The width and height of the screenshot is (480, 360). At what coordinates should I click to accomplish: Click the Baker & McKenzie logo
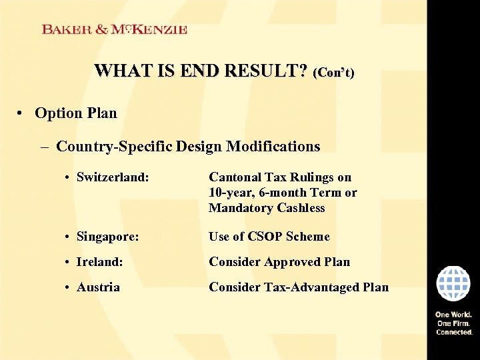click(114, 29)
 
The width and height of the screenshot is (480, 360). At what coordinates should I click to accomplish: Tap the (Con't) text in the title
click(333, 72)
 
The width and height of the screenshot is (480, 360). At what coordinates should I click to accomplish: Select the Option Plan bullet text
click(75, 113)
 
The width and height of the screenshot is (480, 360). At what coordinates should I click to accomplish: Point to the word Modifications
click(273, 146)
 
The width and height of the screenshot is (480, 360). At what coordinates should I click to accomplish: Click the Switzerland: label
click(112, 177)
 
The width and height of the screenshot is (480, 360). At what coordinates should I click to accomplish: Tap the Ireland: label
click(99, 262)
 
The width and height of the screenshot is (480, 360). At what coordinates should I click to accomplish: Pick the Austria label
click(98, 287)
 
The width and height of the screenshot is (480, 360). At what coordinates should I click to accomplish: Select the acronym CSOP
click(265, 237)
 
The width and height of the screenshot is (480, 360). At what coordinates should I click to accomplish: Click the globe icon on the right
click(453, 284)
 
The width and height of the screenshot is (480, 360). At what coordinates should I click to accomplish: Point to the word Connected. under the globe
click(454, 332)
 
